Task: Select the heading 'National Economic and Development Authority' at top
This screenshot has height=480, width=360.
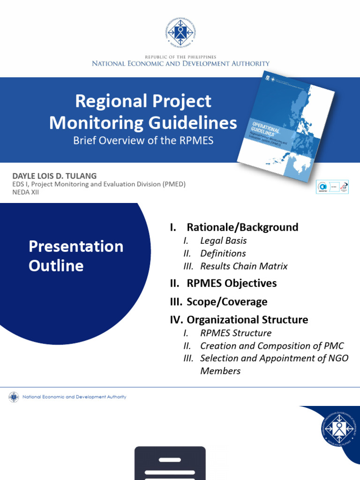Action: pyautogui.click(x=180, y=63)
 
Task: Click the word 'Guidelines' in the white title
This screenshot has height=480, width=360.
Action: pyautogui.click(x=196, y=123)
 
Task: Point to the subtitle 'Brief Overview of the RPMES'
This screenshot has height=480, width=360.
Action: pyautogui.click(x=143, y=141)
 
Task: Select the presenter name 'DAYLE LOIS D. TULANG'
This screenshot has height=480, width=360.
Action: pyautogui.click(x=54, y=176)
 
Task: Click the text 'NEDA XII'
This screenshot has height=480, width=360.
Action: pyautogui.click(x=25, y=192)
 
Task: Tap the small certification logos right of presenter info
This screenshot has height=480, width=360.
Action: pyautogui.click(x=332, y=186)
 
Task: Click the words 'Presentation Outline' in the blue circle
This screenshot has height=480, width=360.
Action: pyautogui.click(x=76, y=256)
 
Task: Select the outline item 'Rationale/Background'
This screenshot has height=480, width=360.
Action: pyautogui.click(x=242, y=227)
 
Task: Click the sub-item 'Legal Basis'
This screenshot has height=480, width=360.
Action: pyautogui.click(x=223, y=240)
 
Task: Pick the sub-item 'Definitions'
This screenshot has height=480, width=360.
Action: pyautogui.click(x=223, y=253)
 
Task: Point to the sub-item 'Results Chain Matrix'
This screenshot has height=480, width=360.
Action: pyautogui.click(x=244, y=266)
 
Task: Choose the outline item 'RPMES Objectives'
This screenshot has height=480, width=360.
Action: pyautogui.click(x=232, y=283)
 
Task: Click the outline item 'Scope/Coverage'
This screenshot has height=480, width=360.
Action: pyautogui.click(x=227, y=301)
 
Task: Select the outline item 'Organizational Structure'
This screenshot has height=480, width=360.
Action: pyautogui.click(x=247, y=320)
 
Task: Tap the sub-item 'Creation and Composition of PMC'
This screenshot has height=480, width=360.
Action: pyautogui.click(x=272, y=345)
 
